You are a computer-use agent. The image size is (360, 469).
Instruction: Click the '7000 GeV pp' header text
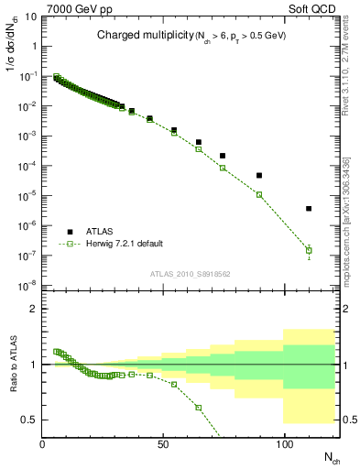click(x=74, y=7)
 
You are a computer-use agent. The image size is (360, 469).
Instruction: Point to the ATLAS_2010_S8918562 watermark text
click(x=191, y=273)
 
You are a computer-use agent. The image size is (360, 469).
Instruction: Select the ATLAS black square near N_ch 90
click(x=259, y=175)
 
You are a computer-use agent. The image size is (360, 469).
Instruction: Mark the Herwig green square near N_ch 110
click(x=309, y=250)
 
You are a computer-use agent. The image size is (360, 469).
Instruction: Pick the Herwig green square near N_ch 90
click(x=259, y=194)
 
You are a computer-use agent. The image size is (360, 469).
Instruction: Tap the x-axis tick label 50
click(x=163, y=445)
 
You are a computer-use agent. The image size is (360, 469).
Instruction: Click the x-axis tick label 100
click(x=284, y=445)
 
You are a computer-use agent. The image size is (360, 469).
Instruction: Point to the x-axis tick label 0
click(x=43, y=445)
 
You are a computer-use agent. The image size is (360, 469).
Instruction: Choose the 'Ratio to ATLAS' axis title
click(x=12, y=364)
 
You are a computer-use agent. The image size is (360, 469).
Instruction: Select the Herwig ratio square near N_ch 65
click(x=199, y=407)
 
